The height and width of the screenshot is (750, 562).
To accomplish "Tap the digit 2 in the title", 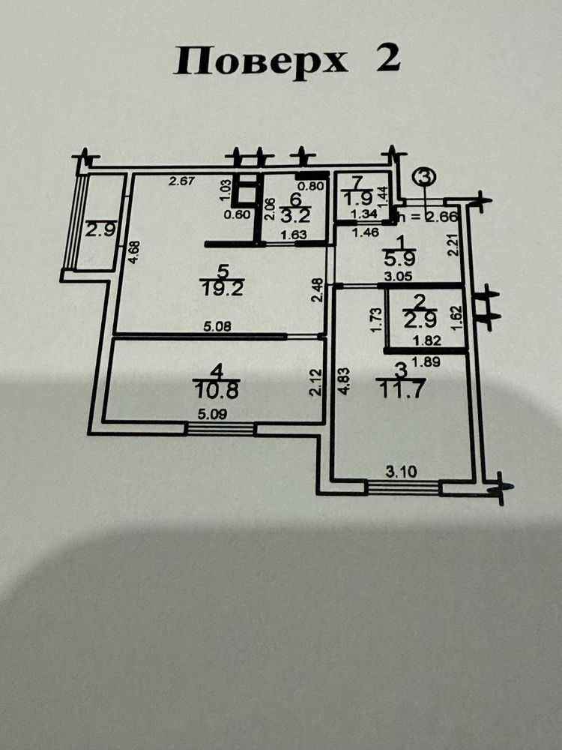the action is pos(387,58).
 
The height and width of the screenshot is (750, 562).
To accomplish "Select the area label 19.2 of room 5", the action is pos(223,289).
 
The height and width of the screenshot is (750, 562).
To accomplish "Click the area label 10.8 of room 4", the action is pos(216,391).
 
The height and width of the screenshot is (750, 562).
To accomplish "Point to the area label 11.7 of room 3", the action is pos(400,390).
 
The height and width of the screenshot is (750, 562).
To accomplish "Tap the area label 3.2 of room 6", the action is pos(296,214).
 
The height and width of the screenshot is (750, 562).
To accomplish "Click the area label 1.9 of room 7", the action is pos(359,197).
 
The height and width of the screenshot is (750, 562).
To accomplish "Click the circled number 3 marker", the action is pos(424,176).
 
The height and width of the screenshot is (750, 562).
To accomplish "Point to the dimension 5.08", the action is pos(217,326).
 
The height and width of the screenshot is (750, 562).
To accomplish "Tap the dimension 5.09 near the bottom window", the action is pos(212,414).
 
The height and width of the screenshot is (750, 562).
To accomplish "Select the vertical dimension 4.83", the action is pos(346,380).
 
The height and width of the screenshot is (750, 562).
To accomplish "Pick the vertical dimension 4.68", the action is pos(135,252).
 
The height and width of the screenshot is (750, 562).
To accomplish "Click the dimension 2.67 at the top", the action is pos(181,181).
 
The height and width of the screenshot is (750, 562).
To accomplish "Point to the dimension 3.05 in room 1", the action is pos(399,277).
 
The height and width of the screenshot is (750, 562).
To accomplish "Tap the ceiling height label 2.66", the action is pos(441,216).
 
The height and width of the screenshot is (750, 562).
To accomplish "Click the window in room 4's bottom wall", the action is pos(220,428).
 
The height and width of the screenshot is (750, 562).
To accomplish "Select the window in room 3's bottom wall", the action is pos(402,488).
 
